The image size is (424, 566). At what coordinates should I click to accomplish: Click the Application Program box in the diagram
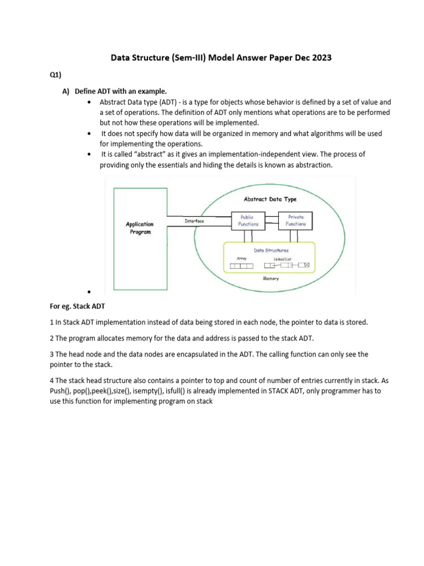tap(140, 228)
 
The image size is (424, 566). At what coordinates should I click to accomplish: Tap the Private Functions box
tap(295, 221)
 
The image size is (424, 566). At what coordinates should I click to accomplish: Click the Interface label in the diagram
tap(194, 221)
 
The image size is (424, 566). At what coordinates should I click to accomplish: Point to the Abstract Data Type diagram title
tap(270, 199)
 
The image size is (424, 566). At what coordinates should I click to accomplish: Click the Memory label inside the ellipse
tap(271, 279)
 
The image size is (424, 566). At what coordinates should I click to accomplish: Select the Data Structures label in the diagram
tap(271, 250)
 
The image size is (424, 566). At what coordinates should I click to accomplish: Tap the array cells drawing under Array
tap(241, 266)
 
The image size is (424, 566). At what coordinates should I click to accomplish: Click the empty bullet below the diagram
tap(88, 291)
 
